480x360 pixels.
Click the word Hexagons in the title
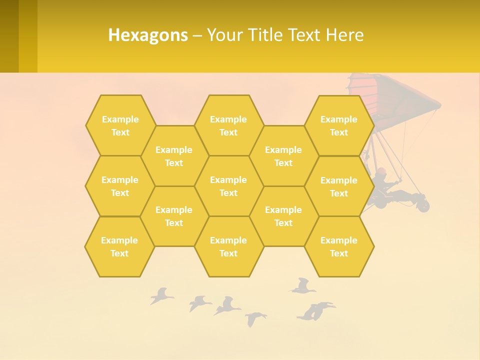coord(148,35)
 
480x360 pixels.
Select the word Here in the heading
coord(344,35)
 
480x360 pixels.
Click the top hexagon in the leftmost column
coord(120,125)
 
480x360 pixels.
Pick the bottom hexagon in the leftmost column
coord(119,246)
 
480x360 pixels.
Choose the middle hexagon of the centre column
coord(228,186)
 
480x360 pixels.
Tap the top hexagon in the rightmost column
coord(339,125)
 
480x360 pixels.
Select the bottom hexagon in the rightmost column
coord(339,246)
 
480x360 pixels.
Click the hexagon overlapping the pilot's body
coord(339,186)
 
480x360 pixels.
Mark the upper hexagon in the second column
coord(174,156)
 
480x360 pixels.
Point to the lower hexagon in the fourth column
coord(283,216)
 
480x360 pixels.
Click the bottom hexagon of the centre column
coord(228,246)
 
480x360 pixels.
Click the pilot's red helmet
coord(381,171)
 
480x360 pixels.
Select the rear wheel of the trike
coord(423,205)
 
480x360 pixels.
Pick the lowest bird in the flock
coord(255,318)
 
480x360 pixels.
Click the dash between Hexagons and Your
coord(197,35)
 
